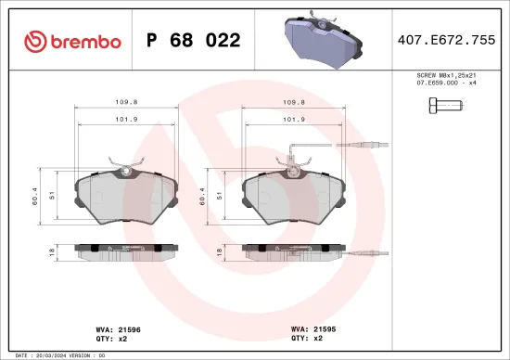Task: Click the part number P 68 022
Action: pos(193,41)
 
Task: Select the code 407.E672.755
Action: pos(446,41)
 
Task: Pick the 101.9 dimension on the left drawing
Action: pos(126,119)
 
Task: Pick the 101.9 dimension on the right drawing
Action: pos(294,119)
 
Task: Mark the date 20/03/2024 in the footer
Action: pos(48,354)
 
